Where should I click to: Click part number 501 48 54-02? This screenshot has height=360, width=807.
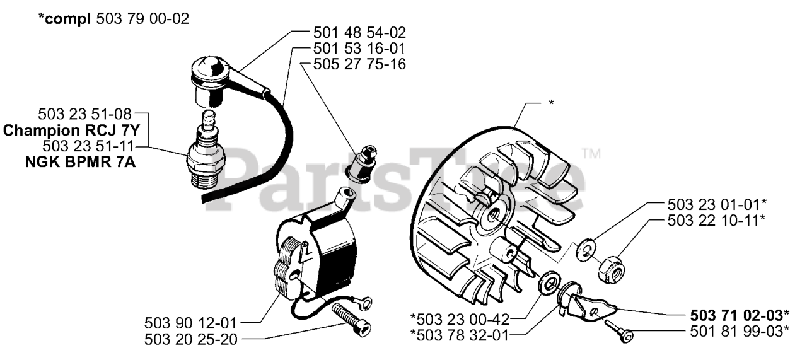pos(359,33)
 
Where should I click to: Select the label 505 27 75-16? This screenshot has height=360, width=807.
pos(359,64)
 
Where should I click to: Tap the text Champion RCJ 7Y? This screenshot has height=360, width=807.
pos(71,131)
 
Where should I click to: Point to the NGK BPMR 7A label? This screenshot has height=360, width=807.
pos(80,162)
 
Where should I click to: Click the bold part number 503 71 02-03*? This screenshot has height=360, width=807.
pos(740,316)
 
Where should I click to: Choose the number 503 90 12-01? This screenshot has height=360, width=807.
pos(190,323)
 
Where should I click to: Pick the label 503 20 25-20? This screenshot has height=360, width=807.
pos(191,339)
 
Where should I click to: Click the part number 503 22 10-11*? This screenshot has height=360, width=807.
pos(716,221)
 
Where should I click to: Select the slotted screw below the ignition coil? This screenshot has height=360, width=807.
pos(351,319)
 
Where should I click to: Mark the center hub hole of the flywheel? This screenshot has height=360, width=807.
pos(493,216)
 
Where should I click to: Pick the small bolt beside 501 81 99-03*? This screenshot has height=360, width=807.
pos(618,330)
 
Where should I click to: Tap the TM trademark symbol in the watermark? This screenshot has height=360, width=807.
pos(591,154)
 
